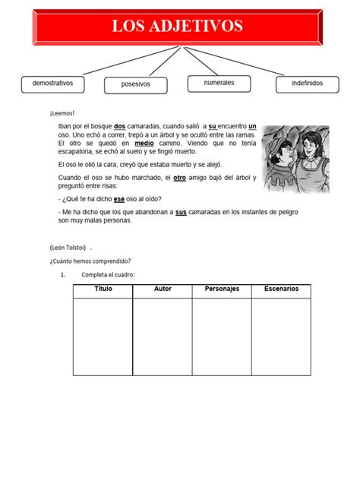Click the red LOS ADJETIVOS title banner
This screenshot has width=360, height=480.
click(x=178, y=27)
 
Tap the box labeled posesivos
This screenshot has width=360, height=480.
click(x=135, y=84)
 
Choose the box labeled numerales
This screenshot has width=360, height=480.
click(x=219, y=83)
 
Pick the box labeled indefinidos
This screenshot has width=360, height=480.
click(x=307, y=83)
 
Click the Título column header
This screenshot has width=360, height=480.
click(x=103, y=289)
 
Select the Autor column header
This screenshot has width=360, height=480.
click(x=163, y=289)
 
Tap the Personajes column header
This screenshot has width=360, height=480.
click(x=222, y=289)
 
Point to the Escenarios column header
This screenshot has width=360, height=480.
click(x=281, y=289)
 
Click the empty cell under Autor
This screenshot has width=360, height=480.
click(x=163, y=336)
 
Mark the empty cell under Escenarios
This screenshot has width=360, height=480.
click(x=281, y=336)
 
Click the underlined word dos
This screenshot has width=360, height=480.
click(x=119, y=126)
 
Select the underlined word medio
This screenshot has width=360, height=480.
click(x=144, y=143)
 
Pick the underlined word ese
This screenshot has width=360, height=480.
click(x=119, y=195)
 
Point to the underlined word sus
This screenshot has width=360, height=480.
click(x=181, y=213)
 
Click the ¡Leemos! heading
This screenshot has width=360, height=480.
click(x=62, y=113)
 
